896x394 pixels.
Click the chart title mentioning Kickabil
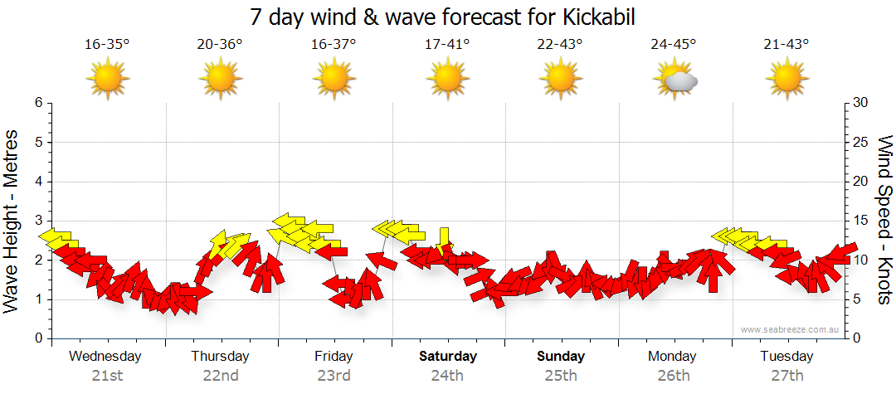448,17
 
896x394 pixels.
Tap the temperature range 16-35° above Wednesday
107,45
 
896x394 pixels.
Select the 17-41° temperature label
447,45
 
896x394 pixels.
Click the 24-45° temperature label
673,45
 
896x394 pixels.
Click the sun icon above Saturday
447,80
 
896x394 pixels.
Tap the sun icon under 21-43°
786,80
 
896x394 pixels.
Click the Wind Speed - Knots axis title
884,220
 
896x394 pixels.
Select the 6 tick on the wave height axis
38,103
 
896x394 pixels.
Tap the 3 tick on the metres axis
38,221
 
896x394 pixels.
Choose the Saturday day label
447,357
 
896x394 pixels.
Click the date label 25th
561,376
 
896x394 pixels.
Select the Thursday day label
220,357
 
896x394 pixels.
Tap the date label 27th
786,376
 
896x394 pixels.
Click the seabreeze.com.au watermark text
791,329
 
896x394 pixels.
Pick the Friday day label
334,357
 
